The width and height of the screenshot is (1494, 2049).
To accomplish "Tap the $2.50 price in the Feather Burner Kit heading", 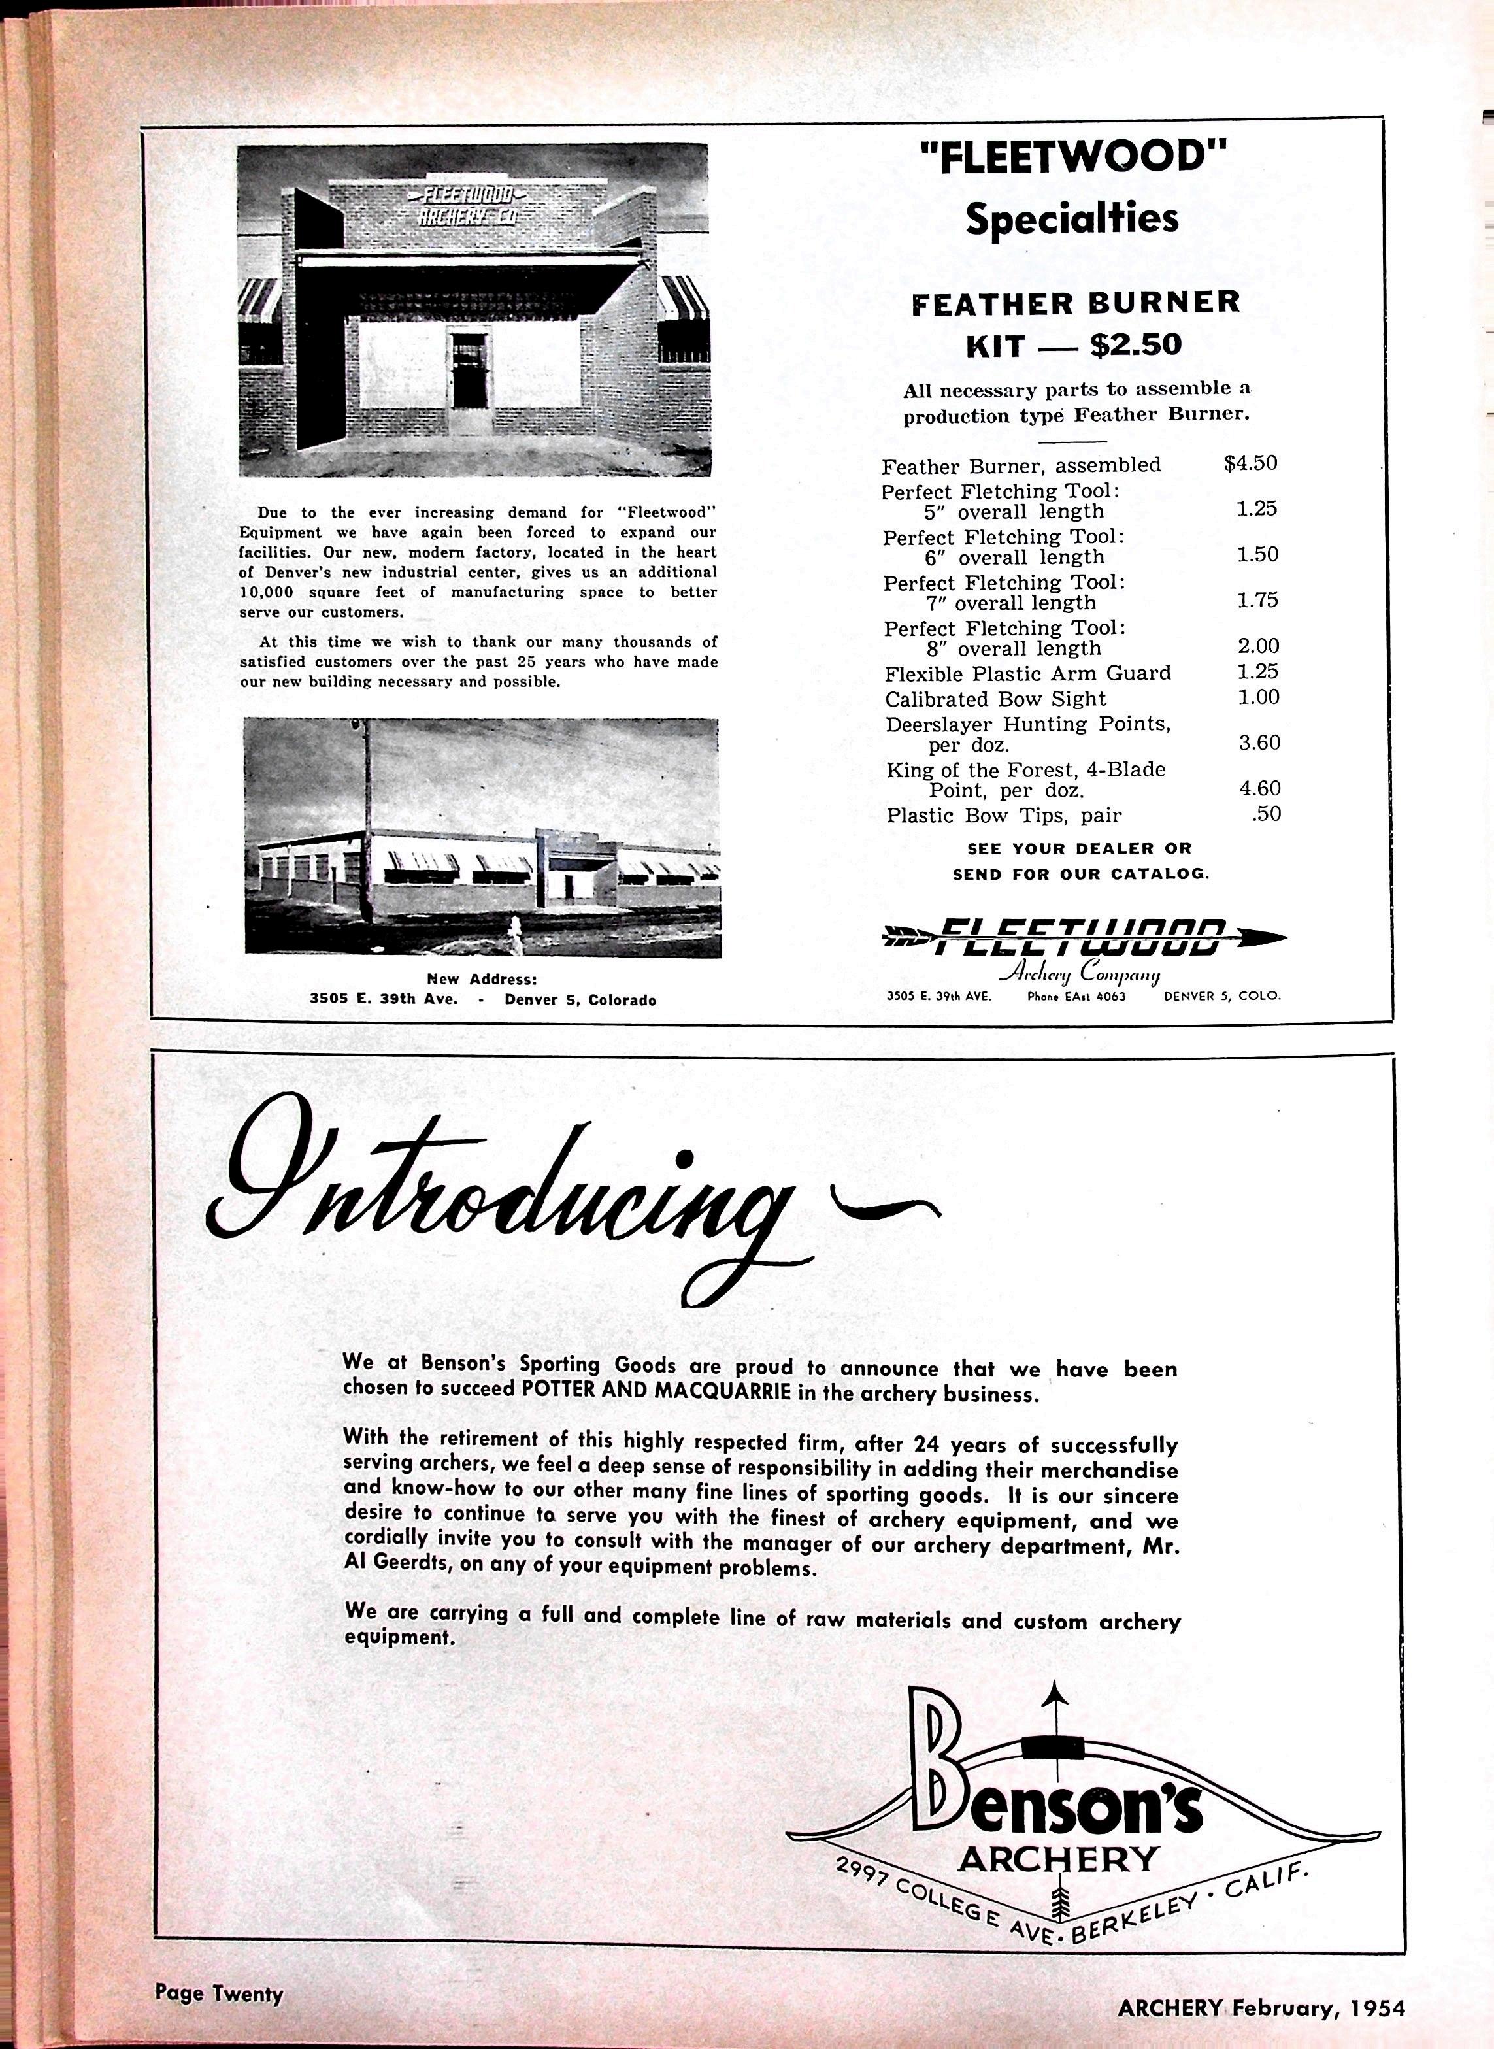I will (x=1136, y=344).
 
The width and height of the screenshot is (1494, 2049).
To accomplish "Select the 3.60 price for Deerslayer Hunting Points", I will (x=1259, y=742).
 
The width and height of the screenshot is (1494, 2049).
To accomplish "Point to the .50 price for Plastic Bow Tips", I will (x=1266, y=814).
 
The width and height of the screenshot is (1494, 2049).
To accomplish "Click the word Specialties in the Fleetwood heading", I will (x=1072, y=220).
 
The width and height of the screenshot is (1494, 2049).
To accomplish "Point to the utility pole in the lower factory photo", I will (x=366, y=814).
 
